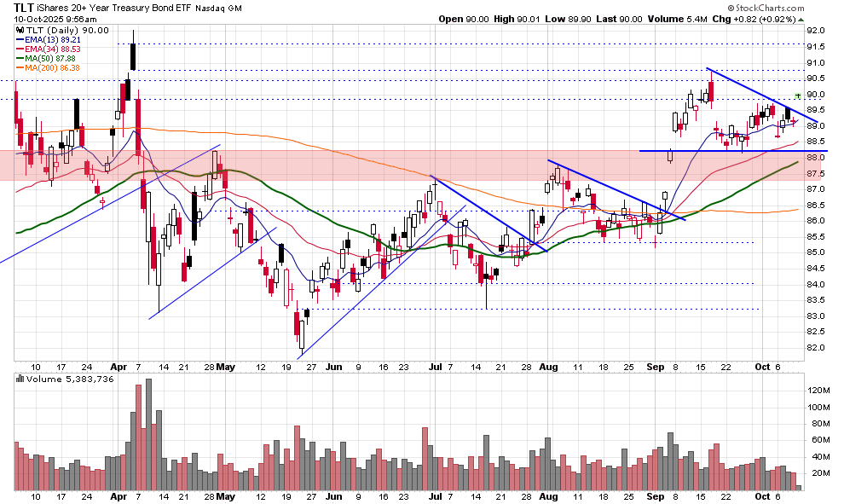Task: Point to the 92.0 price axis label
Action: pyautogui.click(x=816, y=30)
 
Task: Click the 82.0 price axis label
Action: pyautogui.click(x=816, y=348)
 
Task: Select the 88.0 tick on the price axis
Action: pyautogui.click(x=816, y=158)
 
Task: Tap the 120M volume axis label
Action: pyautogui.click(x=819, y=391)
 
